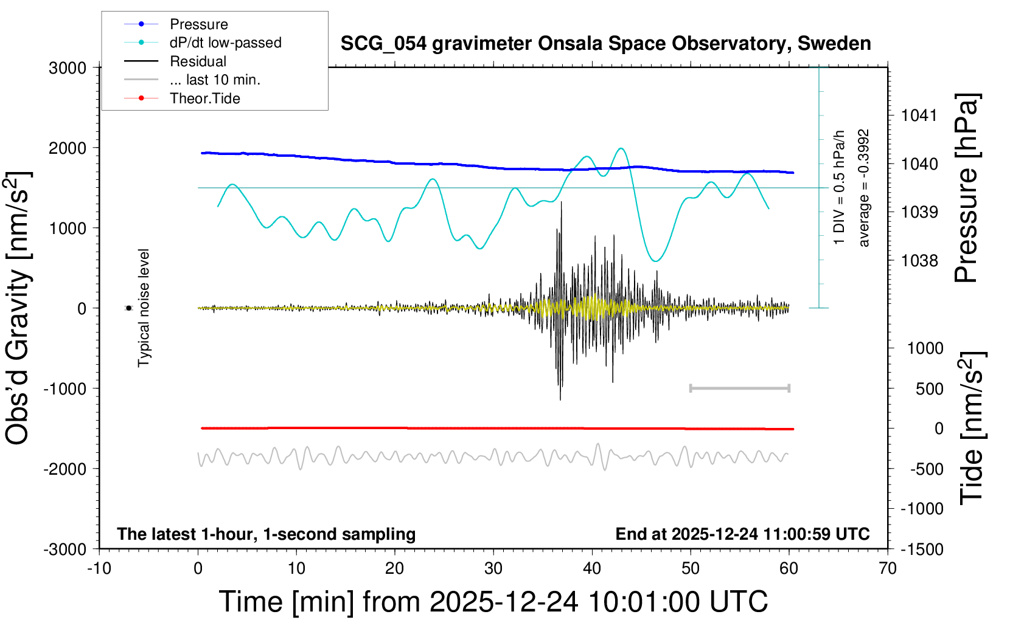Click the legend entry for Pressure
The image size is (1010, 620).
pyautogui.click(x=198, y=24)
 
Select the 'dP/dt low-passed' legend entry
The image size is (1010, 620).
pyautogui.click(x=225, y=43)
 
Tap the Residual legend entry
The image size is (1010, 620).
pyautogui.click(x=198, y=61)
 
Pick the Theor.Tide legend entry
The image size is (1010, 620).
pyautogui.click(x=204, y=98)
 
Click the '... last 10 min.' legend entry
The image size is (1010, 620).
pyautogui.click(x=215, y=80)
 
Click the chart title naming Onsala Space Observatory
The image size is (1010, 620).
pyautogui.click(x=605, y=44)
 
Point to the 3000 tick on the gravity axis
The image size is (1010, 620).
pyautogui.click(x=68, y=68)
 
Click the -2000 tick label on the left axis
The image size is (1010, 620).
pyautogui.click(x=65, y=469)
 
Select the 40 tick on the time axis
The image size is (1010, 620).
pyautogui.click(x=592, y=569)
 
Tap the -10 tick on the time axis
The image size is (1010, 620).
pyautogui.click(x=99, y=569)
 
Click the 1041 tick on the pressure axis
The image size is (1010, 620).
pyautogui.click(x=919, y=115)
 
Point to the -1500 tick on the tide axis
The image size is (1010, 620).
pyautogui.click(x=922, y=549)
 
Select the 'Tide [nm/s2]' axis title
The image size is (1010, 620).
pyautogui.click(x=972, y=428)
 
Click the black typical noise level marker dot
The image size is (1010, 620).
pyautogui.click(x=128, y=308)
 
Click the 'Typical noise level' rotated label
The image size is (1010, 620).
pyautogui.click(x=144, y=308)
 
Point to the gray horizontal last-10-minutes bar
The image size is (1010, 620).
pyautogui.click(x=739, y=388)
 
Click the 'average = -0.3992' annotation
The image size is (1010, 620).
pyautogui.click(x=863, y=188)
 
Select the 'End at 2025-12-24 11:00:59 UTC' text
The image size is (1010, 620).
pyautogui.click(x=742, y=534)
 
